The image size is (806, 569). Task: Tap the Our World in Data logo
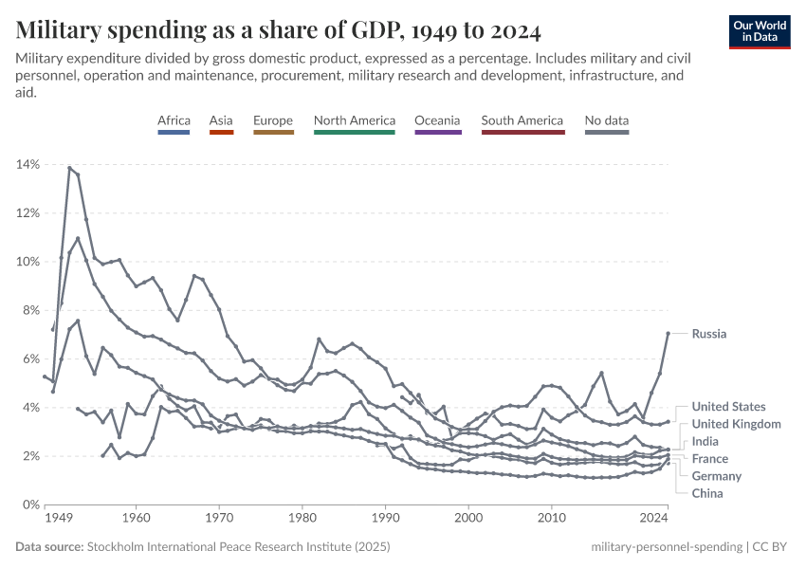760,31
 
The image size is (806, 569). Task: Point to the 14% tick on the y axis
27,165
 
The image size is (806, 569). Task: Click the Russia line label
709,334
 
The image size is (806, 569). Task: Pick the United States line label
729,407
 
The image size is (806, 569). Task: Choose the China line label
707,493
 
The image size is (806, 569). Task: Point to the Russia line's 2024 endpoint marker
669,333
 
